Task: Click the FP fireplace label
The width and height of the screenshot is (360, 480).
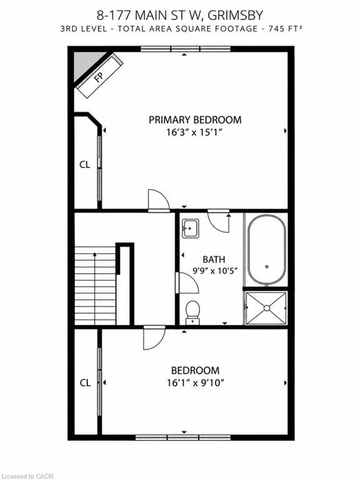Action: [x=99, y=76]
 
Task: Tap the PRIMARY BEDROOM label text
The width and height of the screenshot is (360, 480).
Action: [x=195, y=120]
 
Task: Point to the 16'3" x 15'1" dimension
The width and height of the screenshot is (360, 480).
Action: [x=194, y=132]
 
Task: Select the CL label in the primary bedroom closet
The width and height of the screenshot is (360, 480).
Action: [x=85, y=165]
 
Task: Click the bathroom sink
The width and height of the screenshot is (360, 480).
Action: [x=191, y=228]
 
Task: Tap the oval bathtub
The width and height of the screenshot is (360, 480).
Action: [x=267, y=250]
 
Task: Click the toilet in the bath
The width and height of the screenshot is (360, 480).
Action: [x=192, y=312]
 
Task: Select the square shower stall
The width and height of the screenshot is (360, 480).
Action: [x=266, y=307]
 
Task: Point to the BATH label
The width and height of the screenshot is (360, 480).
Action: [x=214, y=259]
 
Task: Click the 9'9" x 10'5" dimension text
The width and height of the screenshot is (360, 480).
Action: [x=215, y=271]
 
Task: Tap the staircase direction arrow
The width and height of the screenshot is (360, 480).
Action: [x=95, y=288]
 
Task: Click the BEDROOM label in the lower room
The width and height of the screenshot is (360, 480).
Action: [x=195, y=371]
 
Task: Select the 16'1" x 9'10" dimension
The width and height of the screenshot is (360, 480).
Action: [x=196, y=382]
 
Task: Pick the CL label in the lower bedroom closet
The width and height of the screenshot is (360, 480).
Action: [x=85, y=382]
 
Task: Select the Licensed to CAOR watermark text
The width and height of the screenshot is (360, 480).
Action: [x=27, y=476]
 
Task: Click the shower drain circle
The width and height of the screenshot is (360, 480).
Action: [x=267, y=308]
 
